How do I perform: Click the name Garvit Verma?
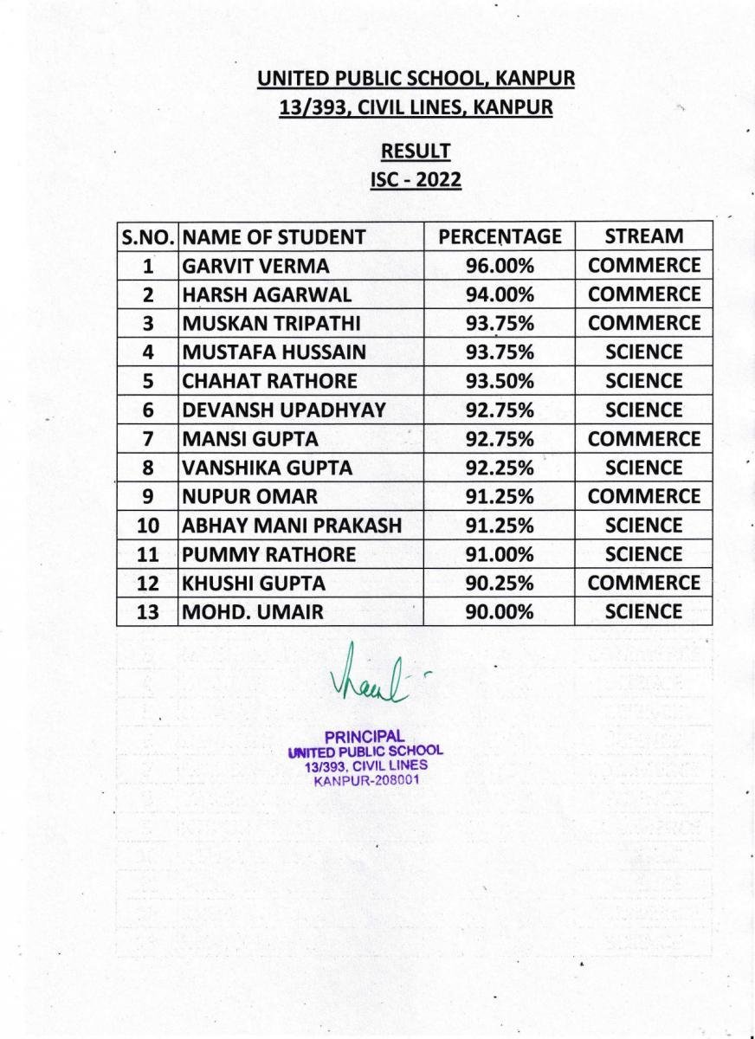244,266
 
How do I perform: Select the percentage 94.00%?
500,294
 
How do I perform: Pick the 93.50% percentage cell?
500,381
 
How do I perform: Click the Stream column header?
643,236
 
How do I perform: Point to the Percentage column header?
500,236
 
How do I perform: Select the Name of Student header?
274,236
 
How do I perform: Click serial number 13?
148,612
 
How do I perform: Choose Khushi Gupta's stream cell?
643,583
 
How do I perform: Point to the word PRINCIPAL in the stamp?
365,737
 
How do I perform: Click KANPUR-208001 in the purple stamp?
365,780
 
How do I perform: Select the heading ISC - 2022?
416,181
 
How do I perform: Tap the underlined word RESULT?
416,152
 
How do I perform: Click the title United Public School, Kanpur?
416,80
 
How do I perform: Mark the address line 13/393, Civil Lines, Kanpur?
416,108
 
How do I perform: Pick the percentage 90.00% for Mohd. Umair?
500,612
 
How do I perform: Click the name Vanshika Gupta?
267,468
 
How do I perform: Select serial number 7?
148,439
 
